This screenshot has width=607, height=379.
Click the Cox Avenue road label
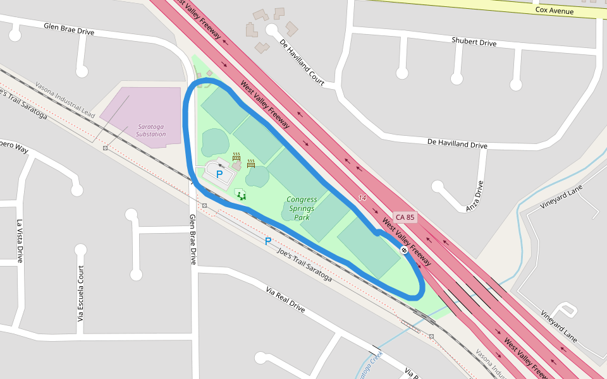pyautogui.click(x=554, y=11)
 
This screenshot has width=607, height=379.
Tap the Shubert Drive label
pyautogui.click(x=474, y=42)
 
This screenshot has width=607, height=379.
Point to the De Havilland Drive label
pyautogui.click(x=457, y=145)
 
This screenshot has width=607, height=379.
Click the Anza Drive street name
pyautogui.click(x=479, y=195)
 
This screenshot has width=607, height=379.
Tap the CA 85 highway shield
pyautogui.click(x=405, y=217)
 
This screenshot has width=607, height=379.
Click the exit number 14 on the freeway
pyautogui.click(x=362, y=198)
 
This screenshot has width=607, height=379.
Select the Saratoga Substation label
pyautogui.click(x=150, y=130)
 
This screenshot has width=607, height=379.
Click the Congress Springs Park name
pyautogui.click(x=302, y=208)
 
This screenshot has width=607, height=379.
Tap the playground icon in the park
pyautogui.click(x=240, y=195)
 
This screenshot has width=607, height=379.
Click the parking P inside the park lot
pyautogui.click(x=219, y=174)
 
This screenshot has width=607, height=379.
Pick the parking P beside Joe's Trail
pyautogui.click(x=268, y=241)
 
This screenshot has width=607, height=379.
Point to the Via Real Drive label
pyautogui.click(x=285, y=300)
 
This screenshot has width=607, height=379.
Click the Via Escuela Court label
pyautogui.click(x=80, y=293)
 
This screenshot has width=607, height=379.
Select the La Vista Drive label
pyautogui.click(x=20, y=241)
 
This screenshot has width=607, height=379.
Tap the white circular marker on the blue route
pyautogui.click(x=403, y=250)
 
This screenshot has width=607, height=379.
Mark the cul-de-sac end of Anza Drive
pyautogui.click(x=438, y=186)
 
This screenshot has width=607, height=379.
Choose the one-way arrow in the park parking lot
pyautogui.click(x=221, y=165)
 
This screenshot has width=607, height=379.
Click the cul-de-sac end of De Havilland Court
pyautogui.click(x=272, y=30)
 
